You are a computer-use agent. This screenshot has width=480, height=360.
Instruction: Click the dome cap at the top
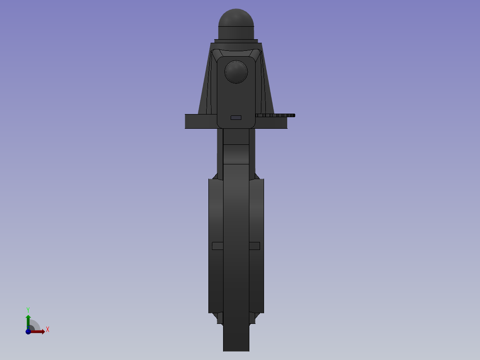(x=236, y=20)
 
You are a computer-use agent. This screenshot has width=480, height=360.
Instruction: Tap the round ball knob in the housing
(x=236, y=72)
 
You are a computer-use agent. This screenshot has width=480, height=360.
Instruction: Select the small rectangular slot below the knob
(x=236, y=118)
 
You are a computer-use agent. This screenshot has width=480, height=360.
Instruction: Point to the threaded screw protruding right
(x=276, y=115)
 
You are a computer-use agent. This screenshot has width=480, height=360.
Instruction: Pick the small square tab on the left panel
(x=217, y=246)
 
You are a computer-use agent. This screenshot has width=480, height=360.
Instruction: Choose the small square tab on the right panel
(x=254, y=246)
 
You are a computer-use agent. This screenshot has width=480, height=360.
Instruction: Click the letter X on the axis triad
(x=47, y=329)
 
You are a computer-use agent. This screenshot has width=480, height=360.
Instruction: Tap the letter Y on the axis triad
(x=28, y=309)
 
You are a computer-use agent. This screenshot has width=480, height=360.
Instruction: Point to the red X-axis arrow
(x=38, y=331)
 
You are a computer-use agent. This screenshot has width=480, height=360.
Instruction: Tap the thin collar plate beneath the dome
(x=236, y=41)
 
